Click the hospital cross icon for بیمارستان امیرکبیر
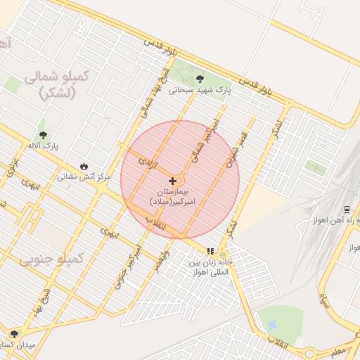coord(172,181)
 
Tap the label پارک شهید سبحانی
coord(200,90)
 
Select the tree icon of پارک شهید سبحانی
coord(200,79)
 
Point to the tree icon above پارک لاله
coord(43,134)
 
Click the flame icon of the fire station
coord(84,166)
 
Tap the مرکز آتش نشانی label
coord(84,177)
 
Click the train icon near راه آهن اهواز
coord(347,210)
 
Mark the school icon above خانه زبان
coord(210,251)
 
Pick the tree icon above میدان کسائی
coord(13,334)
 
